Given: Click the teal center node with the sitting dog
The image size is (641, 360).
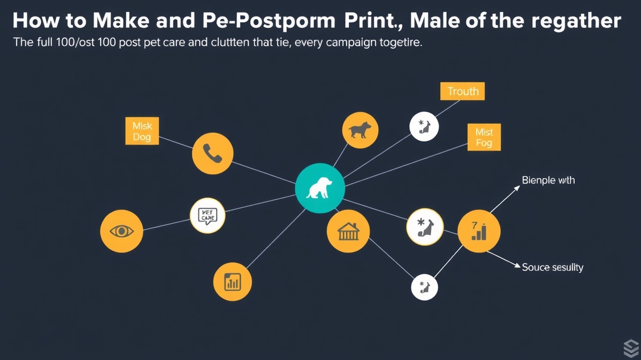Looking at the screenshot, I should pyautogui.click(x=320, y=188).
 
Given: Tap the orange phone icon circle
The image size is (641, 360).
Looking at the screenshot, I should pyautogui.click(x=212, y=153).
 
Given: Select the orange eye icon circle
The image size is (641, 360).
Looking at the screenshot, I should pyautogui.click(x=121, y=231).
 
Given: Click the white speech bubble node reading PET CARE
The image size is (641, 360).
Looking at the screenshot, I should pyautogui.click(x=208, y=215).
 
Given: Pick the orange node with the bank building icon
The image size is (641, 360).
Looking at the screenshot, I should pyautogui.click(x=348, y=231).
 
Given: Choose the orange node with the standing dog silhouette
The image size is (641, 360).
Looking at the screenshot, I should pyautogui.click(x=360, y=130).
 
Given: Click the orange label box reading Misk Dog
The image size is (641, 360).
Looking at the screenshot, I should pyautogui.click(x=142, y=131).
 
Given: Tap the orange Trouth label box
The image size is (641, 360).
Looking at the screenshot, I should pyautogui.click(x=463, y=92).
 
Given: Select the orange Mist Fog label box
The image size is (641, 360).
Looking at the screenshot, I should pyautogui.click(x=484, y=137).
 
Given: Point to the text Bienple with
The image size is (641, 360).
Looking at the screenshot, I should pyautogui.click(x=548, y=181).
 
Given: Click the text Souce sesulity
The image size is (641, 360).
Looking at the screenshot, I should pyautogui.click(x=552, y=267).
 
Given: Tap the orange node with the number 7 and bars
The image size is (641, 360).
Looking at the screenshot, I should pyautogui.click(x=479, y=231).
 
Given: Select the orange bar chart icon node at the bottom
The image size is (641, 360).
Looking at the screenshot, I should pyautogui.click(x=233, y=282).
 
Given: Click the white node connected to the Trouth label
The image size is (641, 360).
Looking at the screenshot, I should pyautogui.click(x=424, y=127).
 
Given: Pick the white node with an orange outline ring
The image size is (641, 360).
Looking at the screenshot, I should pyautogui.click(x=425, y=227).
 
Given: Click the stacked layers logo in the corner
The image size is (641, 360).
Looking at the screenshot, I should pyautogui.click(x=631, y=349).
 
